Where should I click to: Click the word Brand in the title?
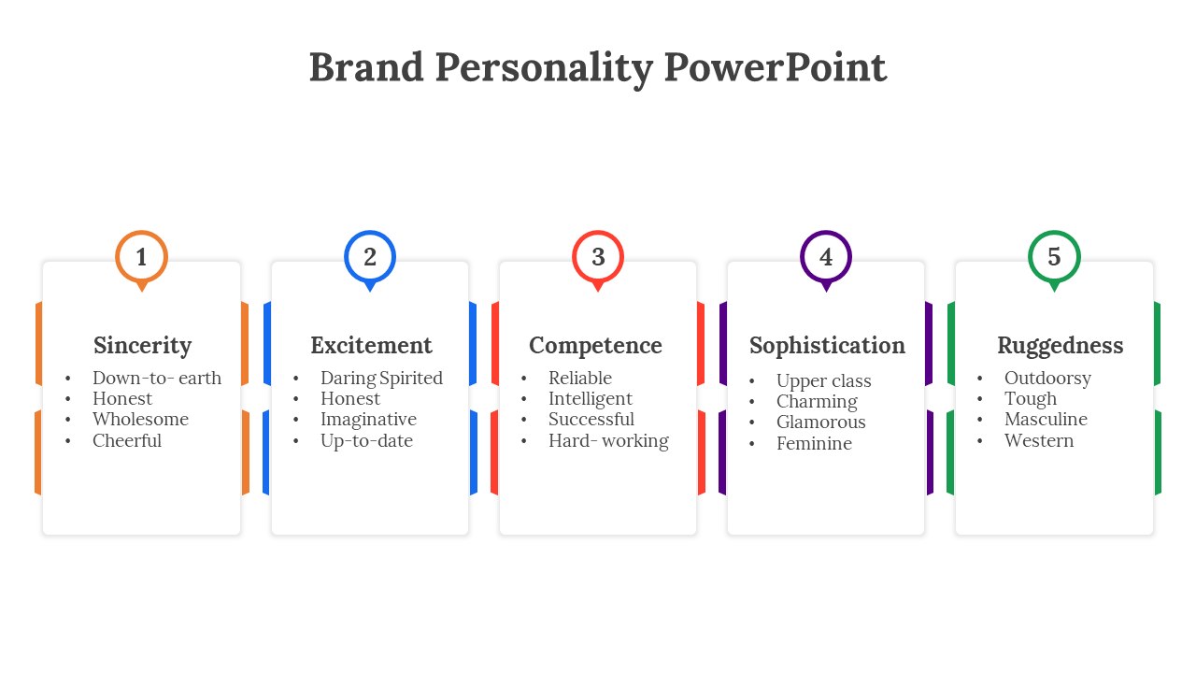tap(366, 67)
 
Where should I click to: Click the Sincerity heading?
tap(143, 346)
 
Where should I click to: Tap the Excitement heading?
tap(371, 345)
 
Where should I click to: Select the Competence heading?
tap(595, 346)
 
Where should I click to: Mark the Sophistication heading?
tap(827, 346)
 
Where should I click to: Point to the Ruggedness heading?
tap(1060, 346)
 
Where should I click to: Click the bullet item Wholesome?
tap(140, 420)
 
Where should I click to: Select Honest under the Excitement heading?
tap(350, 398)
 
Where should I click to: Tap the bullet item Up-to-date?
tap(366, 440)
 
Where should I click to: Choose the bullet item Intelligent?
tap(590, 399)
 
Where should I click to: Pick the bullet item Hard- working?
tap(608, 440)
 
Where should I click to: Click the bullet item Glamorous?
tap(820, 422)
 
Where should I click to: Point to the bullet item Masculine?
tap(1046, 420)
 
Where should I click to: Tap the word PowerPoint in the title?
tap(775, 67)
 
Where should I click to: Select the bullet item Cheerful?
tap(126, 440)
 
